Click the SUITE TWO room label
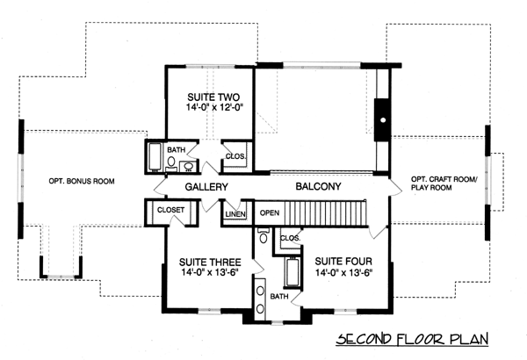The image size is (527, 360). click(x=213, y=97)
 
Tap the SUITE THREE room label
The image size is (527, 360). click(x=210, y=263)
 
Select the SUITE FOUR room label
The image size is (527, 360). click(x=343, y=261)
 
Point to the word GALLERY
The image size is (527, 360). click(x=206, y=187)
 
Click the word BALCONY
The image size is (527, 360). click(x=318, y=186)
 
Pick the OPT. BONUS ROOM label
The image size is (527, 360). click(x=82, y=181)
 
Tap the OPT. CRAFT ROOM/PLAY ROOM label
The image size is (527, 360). click(x=444, y=184)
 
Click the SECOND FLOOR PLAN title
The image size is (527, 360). click(x=413, y=339)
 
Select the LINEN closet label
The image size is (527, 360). click(x=235, y=214)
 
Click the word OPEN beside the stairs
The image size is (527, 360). click(x=270, y=212)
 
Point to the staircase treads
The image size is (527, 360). click(x=325, y=213)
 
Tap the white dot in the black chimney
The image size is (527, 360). click(x=383, y=119)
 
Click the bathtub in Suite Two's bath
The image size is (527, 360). click(x=155, y=157)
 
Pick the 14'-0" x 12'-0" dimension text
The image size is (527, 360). click(x=214, y=108)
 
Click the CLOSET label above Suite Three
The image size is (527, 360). click(x=170, y=210)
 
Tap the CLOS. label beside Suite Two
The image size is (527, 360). click(x=235, y=156)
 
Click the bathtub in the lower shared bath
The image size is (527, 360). click(x=292, y=272)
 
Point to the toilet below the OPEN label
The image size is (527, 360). click(x=263, y=235)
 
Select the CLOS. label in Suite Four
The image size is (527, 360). click(x=290, y=238)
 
